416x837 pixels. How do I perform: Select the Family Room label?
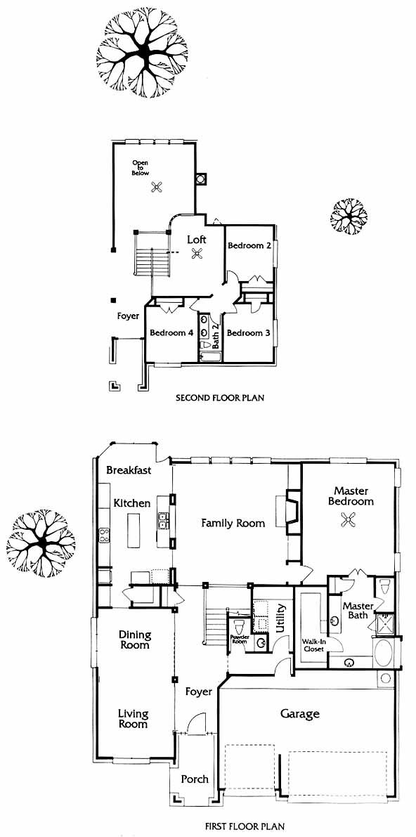(x=233, y=523)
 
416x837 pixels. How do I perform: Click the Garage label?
(x=299, y=713)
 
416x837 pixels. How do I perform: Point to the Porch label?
(x=195, y=779)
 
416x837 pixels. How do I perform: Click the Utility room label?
(x=281, y=618)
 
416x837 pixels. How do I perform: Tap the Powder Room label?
(x=239, y=639)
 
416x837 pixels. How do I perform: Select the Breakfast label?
(x=129, y=470)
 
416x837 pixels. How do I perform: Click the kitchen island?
(x=134, y=530)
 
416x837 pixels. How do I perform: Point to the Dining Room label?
(x=135, y=640)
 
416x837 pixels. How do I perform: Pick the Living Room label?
(x=133, y=718)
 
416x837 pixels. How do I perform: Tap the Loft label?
(x=197, y=240)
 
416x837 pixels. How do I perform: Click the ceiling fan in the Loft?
(x=197, y=254)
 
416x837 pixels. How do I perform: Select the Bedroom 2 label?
(x=246, y=245)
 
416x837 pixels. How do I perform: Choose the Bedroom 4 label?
(x=171, y=332)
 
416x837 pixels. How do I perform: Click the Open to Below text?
(x=141, y=168)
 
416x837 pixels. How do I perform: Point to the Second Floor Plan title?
(x=220, y=398)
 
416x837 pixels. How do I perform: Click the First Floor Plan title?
(x=245, y=826)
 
